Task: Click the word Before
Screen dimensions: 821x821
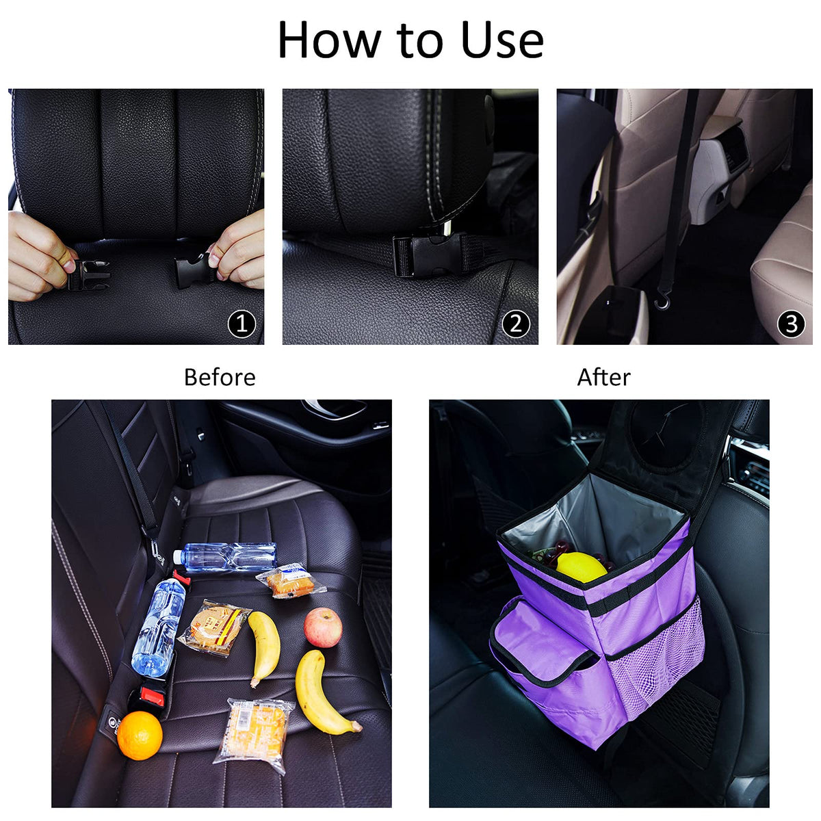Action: [x=220, y=378]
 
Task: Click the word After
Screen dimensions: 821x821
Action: [x=603, y=378]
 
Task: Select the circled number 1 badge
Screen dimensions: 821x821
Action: [x=242, y=324]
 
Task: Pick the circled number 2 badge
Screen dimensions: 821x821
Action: [x=516, y=324]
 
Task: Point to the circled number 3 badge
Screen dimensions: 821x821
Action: [x=791, y=324]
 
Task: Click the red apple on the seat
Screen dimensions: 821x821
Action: [x=323, y=627]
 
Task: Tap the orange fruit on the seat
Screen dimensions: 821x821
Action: [x=140, y=735]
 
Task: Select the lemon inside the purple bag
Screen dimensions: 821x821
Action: [x=582, y=567]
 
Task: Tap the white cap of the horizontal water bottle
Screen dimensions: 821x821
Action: [x=178, y=556]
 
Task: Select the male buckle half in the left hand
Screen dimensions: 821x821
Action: [x=89, y=275]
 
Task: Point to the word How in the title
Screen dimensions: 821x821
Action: [x=330, y=40]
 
